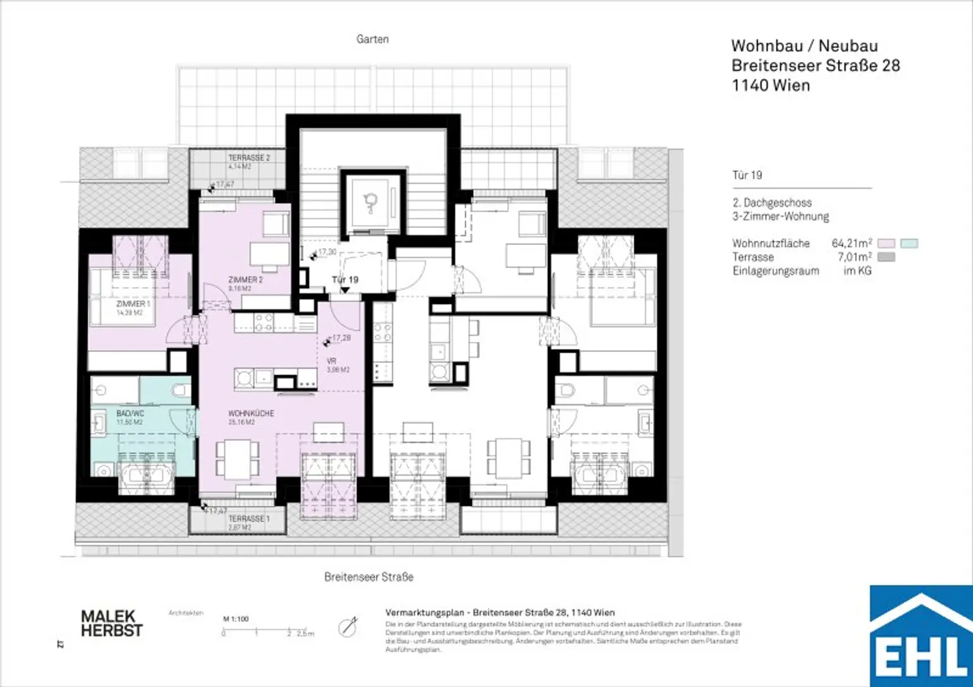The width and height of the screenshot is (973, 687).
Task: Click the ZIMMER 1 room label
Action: [x=133, y=305]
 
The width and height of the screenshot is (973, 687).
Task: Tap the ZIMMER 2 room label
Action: [x=245, y=280]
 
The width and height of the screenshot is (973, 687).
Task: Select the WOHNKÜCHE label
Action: [x=251, y=413]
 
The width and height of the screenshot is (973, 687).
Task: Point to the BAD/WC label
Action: [x=130, y=413]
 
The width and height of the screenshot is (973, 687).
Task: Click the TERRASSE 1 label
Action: [x=248, y=519]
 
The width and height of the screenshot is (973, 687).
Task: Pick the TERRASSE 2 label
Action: [x=249, y=158]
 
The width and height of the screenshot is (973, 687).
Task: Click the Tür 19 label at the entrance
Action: [x=345, y=279]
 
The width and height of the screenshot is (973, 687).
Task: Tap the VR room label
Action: [x=331, y=361]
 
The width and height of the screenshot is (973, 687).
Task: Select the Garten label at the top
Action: [x=372, y=39]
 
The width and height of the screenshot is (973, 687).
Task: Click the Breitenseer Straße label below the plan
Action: [x=369, y=577]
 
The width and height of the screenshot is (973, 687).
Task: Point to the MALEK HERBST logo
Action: [x=111, y=624]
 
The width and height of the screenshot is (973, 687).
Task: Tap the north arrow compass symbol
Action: [x=348, y=627]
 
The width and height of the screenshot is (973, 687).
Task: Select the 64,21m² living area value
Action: [x=851, y=243]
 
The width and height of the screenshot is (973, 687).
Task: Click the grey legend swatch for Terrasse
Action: [x=886, y=257]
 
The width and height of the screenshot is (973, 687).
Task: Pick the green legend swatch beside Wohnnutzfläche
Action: [x=909, y=243]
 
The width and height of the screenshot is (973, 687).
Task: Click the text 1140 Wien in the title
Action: [x=770, y=85]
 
